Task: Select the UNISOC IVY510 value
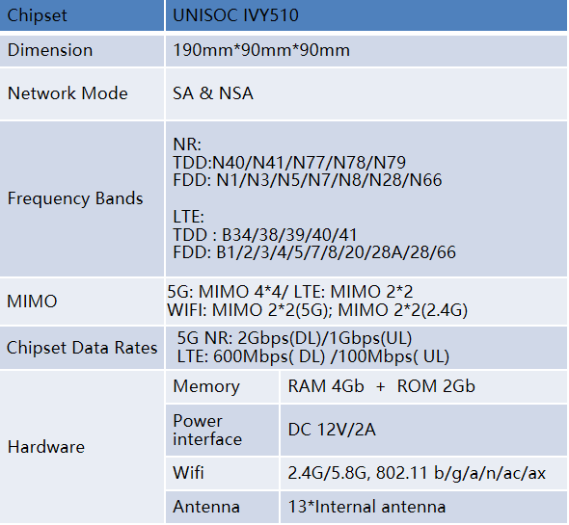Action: pos(235,15)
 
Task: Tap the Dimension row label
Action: pos(50,50)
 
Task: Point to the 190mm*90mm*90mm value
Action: pos(261,50)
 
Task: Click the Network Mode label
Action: pos(68,93)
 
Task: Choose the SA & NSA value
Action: pos(212,93)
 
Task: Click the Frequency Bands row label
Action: pos(75,198)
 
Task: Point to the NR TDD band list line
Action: pos(289,163)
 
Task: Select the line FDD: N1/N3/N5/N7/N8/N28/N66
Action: pos(308,180)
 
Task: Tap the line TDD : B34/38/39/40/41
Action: pos(265,235)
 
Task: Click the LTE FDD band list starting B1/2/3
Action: pos(314,252)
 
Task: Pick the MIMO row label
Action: pos(32,302)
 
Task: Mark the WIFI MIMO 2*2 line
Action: pos(317,310)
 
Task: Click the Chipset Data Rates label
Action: pos(82,348)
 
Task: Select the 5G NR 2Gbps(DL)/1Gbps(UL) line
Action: pos(294,338)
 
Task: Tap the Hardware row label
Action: pos(46,447)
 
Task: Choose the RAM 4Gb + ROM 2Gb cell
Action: pos(381,386)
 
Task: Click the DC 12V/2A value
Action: pos(332,430)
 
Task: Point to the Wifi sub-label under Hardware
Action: pos(188,473)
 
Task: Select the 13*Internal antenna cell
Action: pos(366,507)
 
